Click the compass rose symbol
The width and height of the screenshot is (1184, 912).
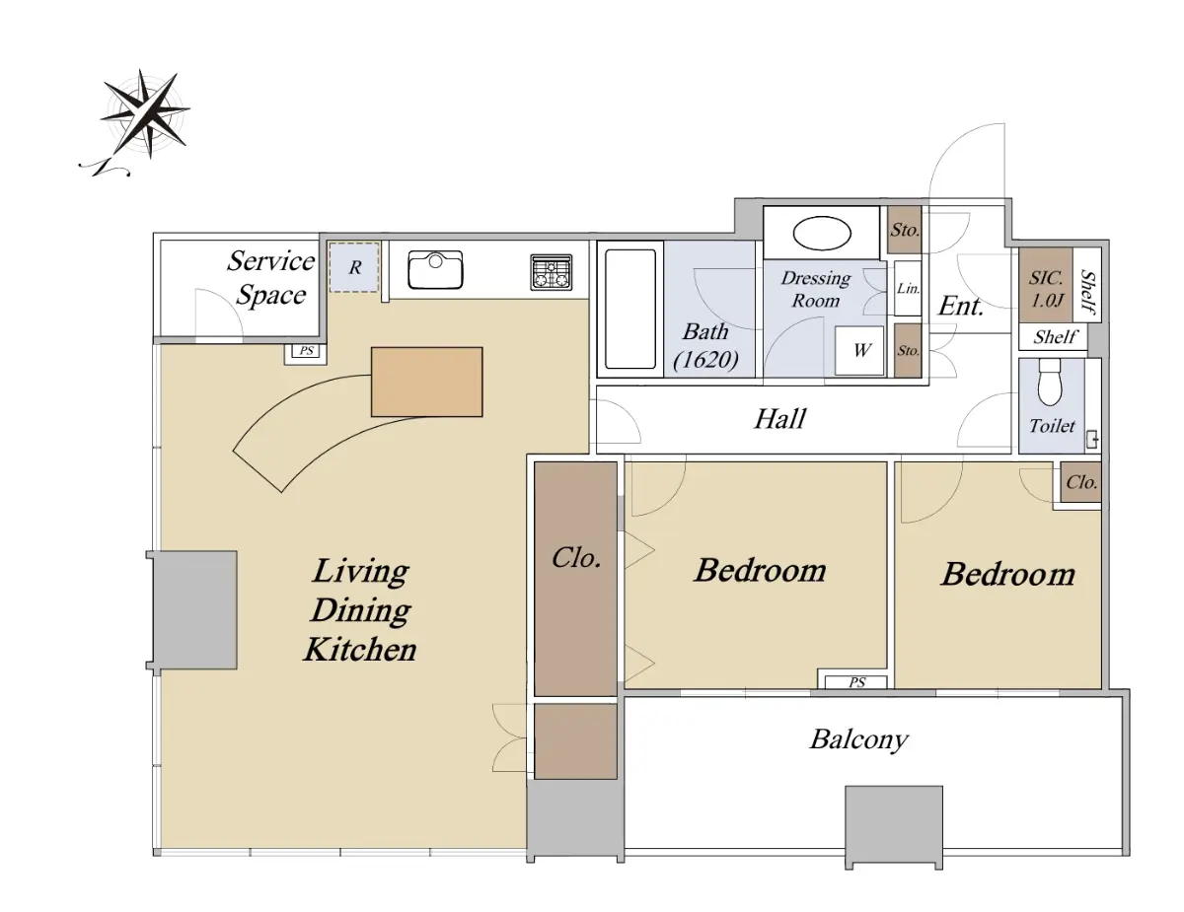143,113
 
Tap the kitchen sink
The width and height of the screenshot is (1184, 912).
435,269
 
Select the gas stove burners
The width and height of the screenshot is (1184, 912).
552,272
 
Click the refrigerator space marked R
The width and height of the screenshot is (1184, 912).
354,267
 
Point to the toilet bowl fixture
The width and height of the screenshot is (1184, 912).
1050,383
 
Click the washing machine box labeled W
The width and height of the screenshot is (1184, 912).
859,350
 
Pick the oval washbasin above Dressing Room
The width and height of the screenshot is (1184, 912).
822,234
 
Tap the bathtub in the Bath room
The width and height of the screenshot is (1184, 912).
630,310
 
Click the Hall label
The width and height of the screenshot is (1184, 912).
779,419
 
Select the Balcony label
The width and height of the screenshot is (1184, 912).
858,739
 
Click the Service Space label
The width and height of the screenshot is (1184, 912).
270,278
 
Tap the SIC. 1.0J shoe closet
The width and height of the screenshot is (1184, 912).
1046,286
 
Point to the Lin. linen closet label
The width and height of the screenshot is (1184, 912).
908,288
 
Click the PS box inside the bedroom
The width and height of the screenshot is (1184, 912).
856,682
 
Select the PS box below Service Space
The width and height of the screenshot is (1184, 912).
306,351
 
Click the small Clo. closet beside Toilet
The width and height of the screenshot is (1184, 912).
1081,482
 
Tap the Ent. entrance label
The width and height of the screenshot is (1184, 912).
961,306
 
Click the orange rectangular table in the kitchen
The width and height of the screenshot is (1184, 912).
426,383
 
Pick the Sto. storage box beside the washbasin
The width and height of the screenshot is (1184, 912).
905,230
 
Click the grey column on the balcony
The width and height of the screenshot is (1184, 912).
894,826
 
